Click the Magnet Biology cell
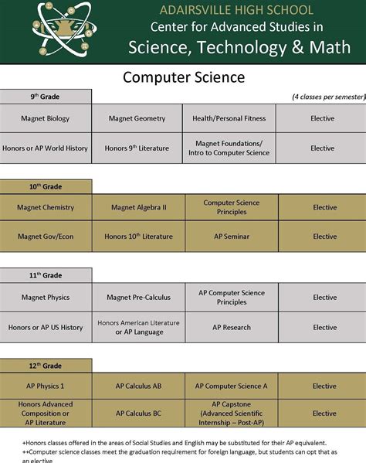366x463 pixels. (x=46, y=118)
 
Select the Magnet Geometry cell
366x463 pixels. (x=137, y=118)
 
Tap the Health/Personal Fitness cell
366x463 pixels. (x=229, y=118)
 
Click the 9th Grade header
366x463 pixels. (x=46, y=97)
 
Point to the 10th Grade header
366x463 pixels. (x=46, y=186)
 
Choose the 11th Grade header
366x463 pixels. (x=46, y=275)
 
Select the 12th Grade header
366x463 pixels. (x=46, y=364)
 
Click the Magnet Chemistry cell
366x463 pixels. (x=46, y=207)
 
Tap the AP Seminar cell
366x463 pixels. (x=232, y=237)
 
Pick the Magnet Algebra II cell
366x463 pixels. (x=138, y=207)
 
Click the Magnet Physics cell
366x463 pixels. (x=46, y=297)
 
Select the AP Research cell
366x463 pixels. (x=232, y=327)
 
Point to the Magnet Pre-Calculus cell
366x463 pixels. (x=139, y=297)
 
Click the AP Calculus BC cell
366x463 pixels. (x=138, y=414)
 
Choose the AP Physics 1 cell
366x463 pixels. (x=46, y=386)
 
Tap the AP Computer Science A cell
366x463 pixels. (x=232, y=386)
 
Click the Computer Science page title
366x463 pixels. (x=183, y=77)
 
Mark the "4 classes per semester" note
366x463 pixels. (x=328, y=97)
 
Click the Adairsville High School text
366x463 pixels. (x=236, y=10)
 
